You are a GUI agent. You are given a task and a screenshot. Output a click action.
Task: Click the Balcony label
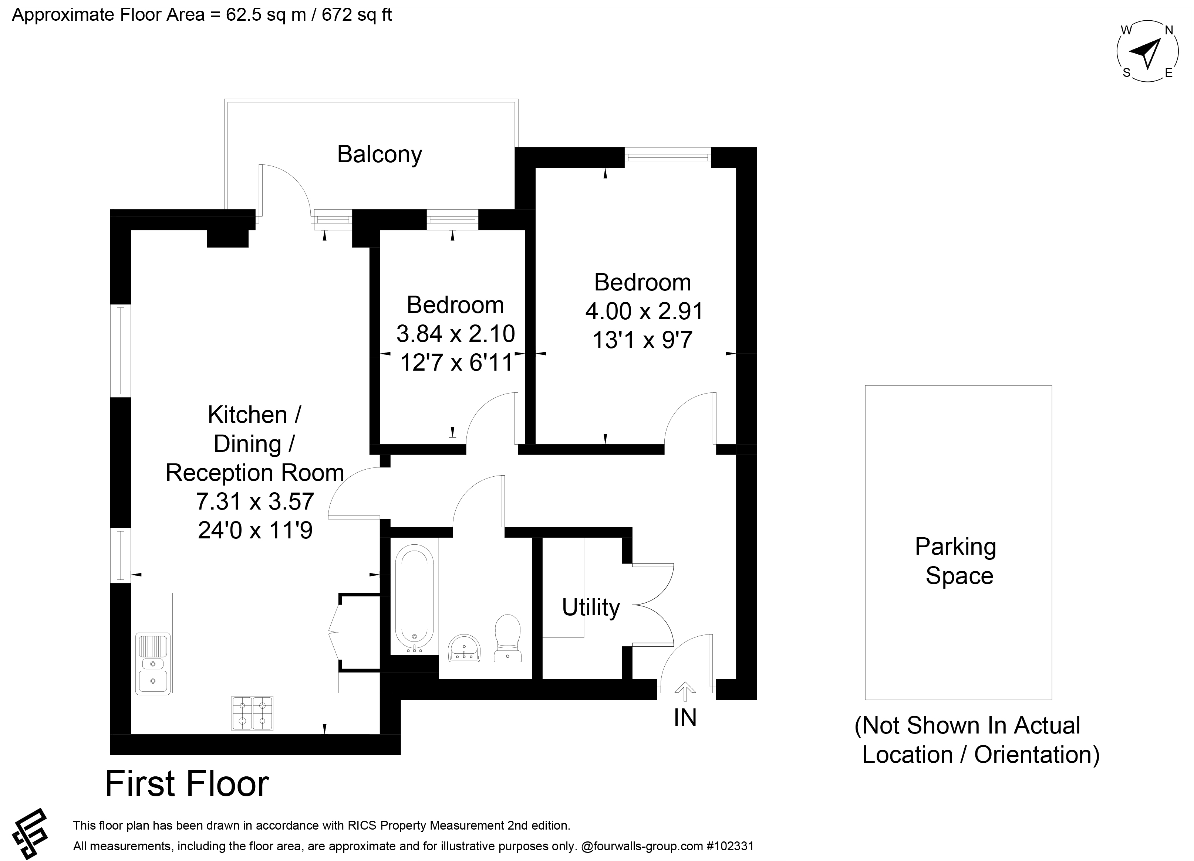click(380, 154)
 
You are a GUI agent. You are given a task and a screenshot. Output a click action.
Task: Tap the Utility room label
click(591, 608)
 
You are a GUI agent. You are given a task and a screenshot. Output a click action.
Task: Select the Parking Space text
click(955, 561)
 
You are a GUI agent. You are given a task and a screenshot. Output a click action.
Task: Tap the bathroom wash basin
click(464, 647)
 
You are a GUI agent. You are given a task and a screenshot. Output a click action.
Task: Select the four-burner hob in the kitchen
click(253, 713)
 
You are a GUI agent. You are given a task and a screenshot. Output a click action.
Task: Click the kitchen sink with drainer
click(153, 664)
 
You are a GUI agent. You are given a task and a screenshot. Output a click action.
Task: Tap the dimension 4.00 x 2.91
click(644, 312)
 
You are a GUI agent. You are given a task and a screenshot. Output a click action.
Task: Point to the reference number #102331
click(730, 846)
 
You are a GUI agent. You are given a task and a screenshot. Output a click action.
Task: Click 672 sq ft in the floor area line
click(357, 15)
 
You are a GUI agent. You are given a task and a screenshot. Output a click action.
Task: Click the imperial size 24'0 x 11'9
click(255, 531)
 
